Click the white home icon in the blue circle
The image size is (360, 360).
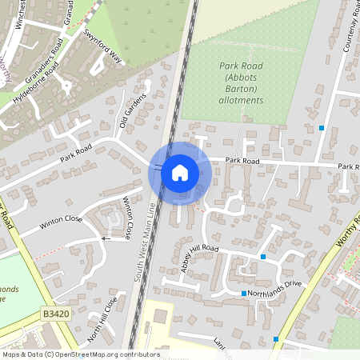(179, 173)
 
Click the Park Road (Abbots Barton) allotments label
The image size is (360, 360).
(241, 82)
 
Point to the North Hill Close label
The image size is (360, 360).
(102, 318)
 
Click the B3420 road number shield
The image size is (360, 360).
(55, 317)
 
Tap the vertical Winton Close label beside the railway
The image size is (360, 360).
(128, 221)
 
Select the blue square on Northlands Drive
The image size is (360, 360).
(244, 294)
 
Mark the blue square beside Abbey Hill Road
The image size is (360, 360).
(263, 257)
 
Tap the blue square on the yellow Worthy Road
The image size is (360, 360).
(276, 339)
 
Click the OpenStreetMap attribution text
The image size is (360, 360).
(80, 354)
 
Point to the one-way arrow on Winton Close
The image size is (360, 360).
(104, 238)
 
